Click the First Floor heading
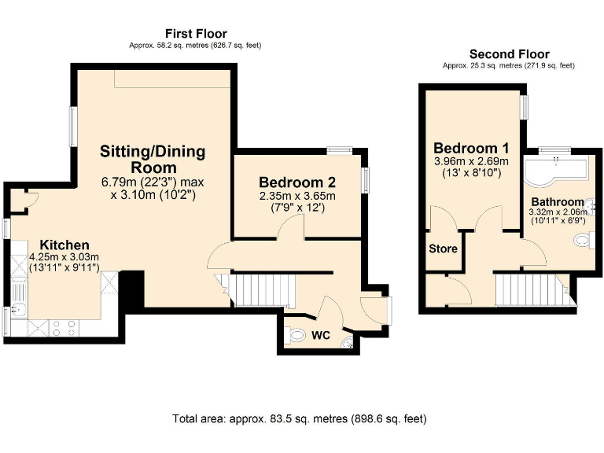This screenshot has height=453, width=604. tap(196, 34)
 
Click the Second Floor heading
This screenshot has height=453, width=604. tap(510, 54)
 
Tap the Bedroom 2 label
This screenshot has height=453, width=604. tap(297, 182)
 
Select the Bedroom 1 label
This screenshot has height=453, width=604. tap(471, 148)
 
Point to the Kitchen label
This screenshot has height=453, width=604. tap(64, 245)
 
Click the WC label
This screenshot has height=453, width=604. tap(321, 335)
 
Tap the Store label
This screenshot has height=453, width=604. tap(443, 249)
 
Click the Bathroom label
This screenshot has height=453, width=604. tap(558, 202)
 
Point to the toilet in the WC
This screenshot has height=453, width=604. tap(295, 334)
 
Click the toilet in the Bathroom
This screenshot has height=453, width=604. tap(584, 241)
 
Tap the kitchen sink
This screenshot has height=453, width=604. tap(18, 308)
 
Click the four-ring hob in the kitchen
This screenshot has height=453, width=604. tap(64, 328)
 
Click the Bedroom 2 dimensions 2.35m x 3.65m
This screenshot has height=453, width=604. tap(297, 196)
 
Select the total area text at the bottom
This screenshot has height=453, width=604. tap(300, 418)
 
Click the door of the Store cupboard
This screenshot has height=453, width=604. tap(443, 219)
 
